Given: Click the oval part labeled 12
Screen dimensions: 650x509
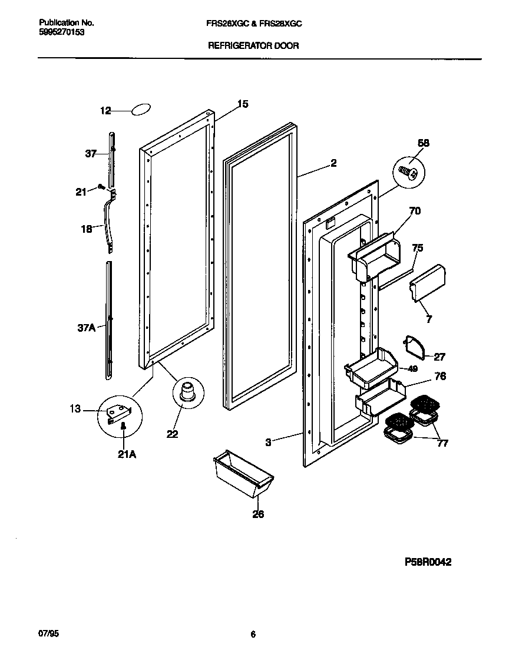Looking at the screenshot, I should coord(141,110).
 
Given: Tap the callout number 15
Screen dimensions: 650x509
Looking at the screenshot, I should coord(243,104).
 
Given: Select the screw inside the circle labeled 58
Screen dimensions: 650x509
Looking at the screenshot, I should coord(408,172).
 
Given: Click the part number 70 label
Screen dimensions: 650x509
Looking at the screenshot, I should coord(415,210).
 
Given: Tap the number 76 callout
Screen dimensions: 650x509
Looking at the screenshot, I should coord(440,376).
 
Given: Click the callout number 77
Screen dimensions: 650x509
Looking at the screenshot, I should coord(442,443).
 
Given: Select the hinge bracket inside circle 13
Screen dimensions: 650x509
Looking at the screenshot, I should coord(118,413).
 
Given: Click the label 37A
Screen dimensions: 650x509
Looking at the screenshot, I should coord(86,328).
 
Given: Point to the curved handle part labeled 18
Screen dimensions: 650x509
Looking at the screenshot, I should coord(108,218).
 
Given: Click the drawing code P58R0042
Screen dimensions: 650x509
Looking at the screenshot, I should coord(427,562).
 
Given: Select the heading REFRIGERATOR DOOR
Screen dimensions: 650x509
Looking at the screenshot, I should coord(253,45).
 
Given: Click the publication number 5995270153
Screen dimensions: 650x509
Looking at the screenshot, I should coord(61,32).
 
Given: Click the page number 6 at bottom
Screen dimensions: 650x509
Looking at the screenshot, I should coord(253,635).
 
